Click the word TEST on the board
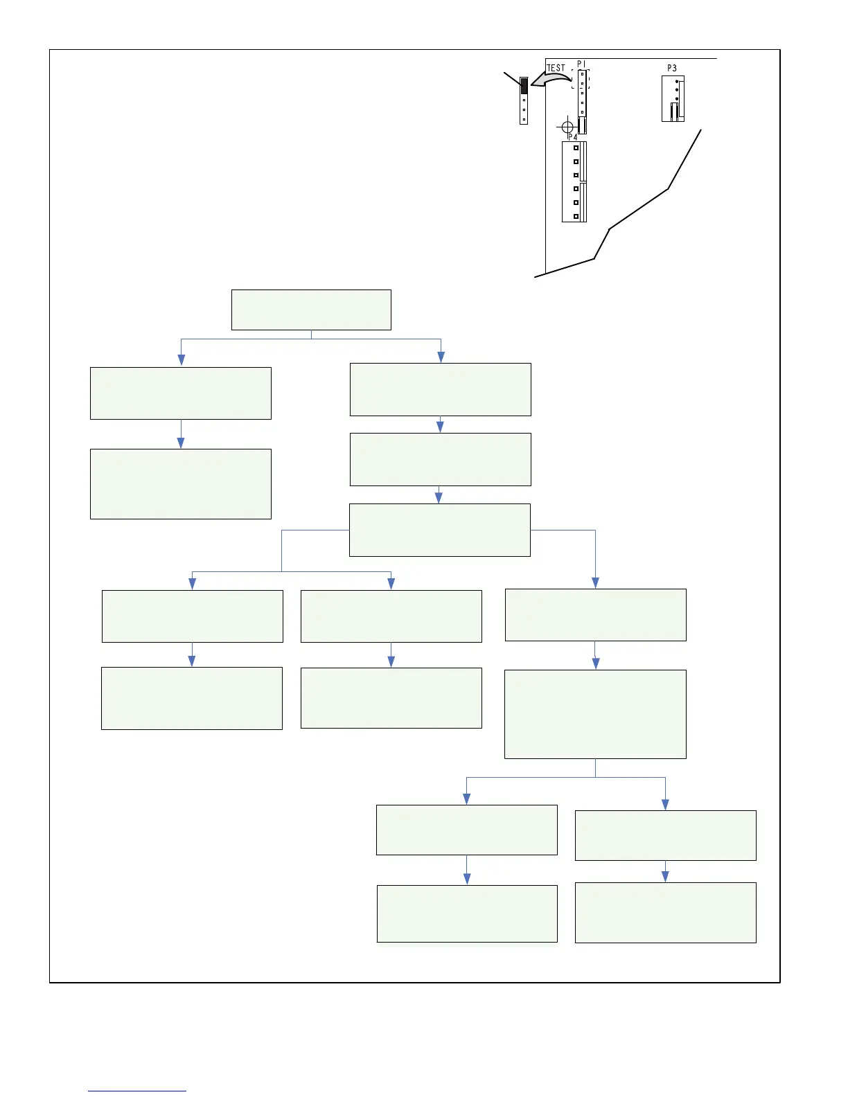click(556, 68)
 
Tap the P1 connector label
click(581, 64)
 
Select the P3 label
click(671, 68)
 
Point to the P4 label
click(572, 137)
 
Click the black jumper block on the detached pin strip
click(524, 85)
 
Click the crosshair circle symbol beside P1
click(567, 127)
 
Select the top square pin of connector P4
click(576, 148)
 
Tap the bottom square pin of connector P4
click(576, 216)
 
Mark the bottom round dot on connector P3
click(676, 99)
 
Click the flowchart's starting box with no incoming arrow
click(311, 310)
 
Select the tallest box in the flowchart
click(595, 714)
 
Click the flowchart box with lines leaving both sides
click(440, 530)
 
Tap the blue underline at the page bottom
click(137, 1091)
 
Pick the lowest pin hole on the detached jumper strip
click(524, 120)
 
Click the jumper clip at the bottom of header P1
click(582, 125)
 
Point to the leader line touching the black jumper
click(512, 78)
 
